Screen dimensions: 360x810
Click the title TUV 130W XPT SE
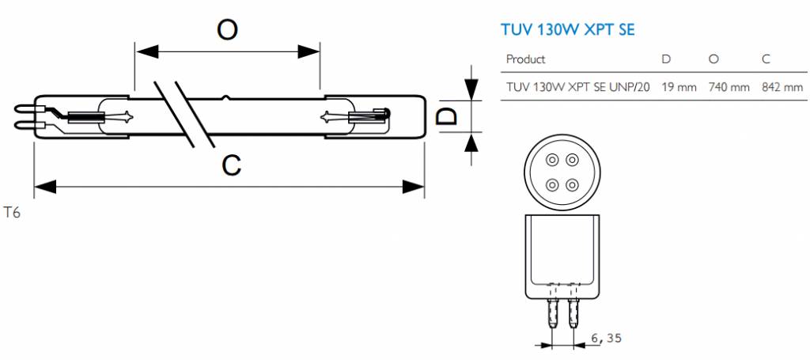point(569,30)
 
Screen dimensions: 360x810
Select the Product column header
point(525,59)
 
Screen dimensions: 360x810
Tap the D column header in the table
point(666,59)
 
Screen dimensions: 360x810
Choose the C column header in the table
point(766,59)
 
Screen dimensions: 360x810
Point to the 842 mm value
point(782,86)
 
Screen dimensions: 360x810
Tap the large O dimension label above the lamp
point(228,29)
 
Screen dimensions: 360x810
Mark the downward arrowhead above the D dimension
point(471,88)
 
